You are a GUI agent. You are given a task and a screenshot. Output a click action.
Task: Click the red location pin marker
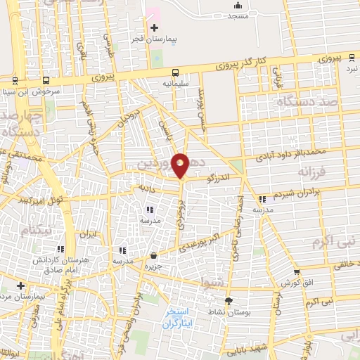(x=181, y=165)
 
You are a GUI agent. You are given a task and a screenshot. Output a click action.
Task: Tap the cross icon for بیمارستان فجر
(x=154, y=27)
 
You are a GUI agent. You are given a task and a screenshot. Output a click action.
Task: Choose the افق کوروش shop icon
(x=296, y=272)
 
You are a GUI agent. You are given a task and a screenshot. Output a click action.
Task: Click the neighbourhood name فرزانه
(x=313, y=171)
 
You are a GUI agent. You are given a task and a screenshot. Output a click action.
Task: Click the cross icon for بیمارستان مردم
(x=22, y=286)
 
